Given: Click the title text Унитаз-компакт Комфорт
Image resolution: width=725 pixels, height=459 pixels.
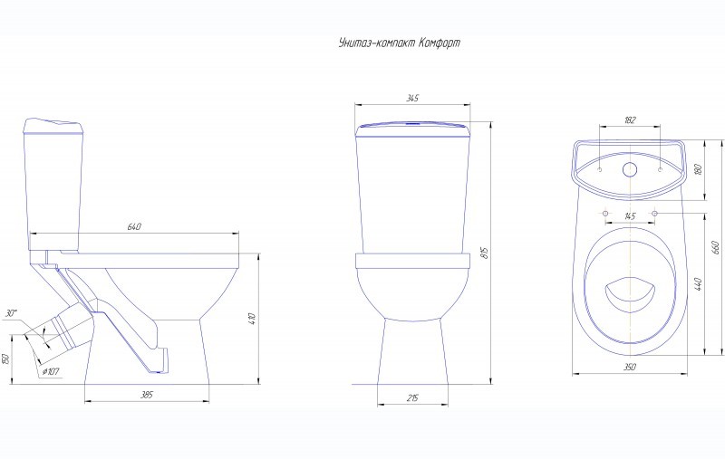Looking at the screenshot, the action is tap(400, 43).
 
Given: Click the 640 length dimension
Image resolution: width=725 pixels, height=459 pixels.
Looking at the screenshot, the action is tap(134, 226).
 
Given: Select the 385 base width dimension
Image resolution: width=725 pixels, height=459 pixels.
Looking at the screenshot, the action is tap(147, 395).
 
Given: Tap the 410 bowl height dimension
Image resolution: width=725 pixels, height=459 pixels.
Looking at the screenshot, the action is tap(252, 319).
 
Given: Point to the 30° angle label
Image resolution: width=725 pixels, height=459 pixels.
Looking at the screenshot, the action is tap(12, 313).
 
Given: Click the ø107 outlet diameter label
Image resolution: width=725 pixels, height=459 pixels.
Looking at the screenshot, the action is tap(51, 371).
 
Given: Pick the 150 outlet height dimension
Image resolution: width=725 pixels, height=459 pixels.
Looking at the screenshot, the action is tap(5, 359).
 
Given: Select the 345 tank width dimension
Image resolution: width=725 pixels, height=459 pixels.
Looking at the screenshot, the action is tap(412, 98).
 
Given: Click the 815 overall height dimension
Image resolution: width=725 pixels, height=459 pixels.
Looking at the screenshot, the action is tap(485, 253).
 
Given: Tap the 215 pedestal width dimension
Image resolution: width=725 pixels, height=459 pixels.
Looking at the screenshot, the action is tap(412, 397).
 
